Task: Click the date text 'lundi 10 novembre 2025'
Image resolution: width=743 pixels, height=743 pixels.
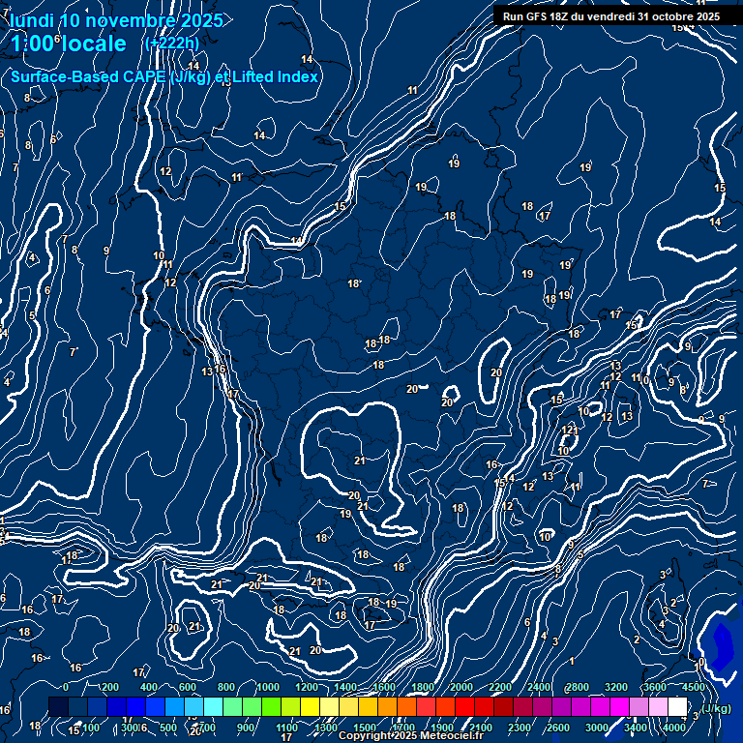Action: (116, 20)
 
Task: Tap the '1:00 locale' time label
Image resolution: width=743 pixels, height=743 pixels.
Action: (69, 44)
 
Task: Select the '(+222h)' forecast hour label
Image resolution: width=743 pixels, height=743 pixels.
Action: (170, 44)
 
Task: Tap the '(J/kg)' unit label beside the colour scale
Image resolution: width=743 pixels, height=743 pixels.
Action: (717, 708)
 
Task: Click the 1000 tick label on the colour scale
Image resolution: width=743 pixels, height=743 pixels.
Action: (267, 687)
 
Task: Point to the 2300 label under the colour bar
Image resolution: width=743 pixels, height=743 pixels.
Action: (520, 728)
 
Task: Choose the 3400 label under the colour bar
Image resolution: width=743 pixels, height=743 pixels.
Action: (636, 728)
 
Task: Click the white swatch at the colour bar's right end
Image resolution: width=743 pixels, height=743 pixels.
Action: (677, 707)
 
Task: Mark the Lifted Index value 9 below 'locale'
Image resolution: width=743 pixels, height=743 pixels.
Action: (106, 251)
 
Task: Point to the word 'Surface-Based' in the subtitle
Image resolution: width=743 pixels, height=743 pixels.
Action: (57, 76)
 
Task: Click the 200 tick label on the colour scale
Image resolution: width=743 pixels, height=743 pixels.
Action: (110, 687)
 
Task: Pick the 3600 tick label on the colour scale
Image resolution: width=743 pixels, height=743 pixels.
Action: (656, 687)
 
